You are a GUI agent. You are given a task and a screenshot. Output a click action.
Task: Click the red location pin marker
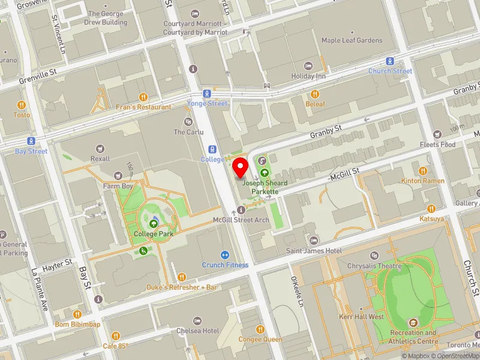[x=241, y=168]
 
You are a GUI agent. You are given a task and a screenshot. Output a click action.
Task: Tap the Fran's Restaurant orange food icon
[x=143, y=97]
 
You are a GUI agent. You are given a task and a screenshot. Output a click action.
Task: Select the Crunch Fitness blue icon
[x=225, y=255]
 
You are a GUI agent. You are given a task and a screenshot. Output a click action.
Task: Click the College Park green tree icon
[x=154, y=224]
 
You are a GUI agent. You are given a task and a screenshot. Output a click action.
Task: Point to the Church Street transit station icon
[x=390, y=61]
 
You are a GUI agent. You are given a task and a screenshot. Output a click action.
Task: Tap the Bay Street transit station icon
[x=31, y=142]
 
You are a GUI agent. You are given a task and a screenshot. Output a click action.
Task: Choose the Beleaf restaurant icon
[x=315, y=94]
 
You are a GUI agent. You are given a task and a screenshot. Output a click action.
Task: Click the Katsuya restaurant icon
[x=431, y=209]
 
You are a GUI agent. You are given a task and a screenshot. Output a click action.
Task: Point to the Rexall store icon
[x=100, y=148]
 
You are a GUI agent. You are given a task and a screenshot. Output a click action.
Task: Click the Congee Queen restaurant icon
[x=260, y=329]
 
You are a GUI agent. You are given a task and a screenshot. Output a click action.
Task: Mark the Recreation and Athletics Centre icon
[x=413, y=323]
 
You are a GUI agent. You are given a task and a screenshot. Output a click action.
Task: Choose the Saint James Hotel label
[x=313, y=250]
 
